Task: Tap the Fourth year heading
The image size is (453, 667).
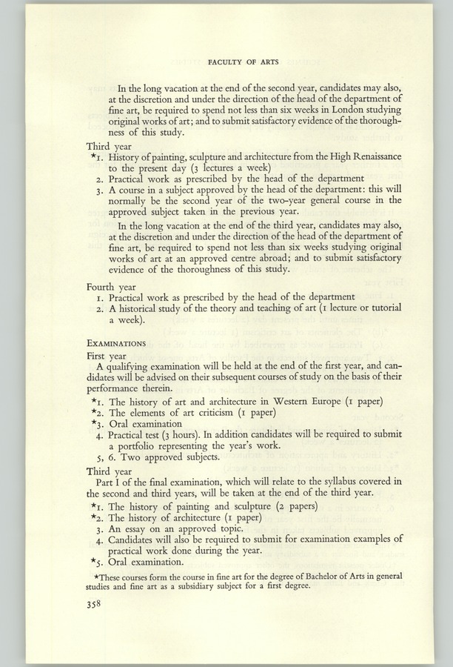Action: pos(112,285)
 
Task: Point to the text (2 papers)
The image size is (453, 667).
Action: pos(290,506)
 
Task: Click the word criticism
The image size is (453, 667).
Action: pos(201,413)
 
